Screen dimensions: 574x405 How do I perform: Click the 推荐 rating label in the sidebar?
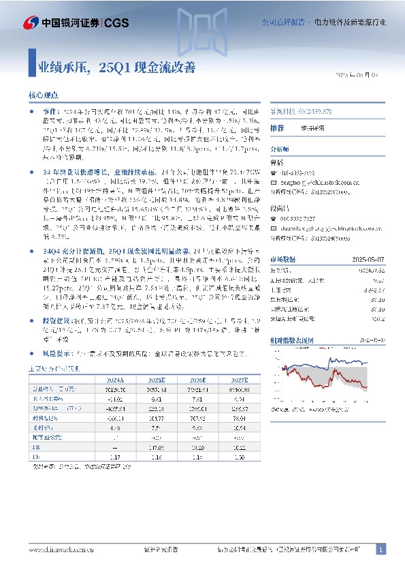click(277, 127)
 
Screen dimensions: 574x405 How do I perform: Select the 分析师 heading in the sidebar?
click(280, 148)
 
